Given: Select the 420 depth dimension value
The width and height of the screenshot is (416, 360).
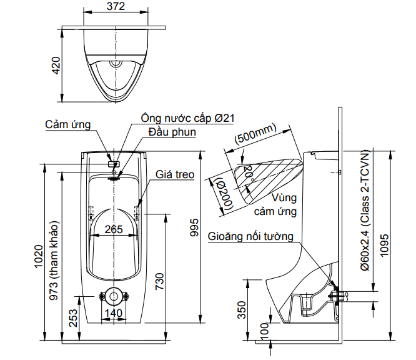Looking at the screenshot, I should click(x=56, y=66).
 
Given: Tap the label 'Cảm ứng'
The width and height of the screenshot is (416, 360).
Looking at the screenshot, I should click(x=68, y=125).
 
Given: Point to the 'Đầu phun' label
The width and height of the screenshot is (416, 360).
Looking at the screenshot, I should click(x=172, y=132).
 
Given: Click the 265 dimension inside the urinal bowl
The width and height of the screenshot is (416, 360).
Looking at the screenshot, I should click(x=114, y=229).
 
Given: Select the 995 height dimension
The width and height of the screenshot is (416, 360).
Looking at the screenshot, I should click(x=194, y=229).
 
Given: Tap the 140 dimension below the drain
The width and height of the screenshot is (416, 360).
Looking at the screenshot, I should click(x=113, y=312).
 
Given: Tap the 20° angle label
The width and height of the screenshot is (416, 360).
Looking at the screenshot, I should click(x=248, y=172).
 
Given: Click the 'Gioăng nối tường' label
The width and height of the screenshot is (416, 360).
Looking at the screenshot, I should click(x=250, y=237).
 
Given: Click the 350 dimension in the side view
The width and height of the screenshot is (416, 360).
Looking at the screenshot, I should click(x=242, y=309).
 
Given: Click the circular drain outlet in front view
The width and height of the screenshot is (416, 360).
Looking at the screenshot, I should click(x=113, y=296).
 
